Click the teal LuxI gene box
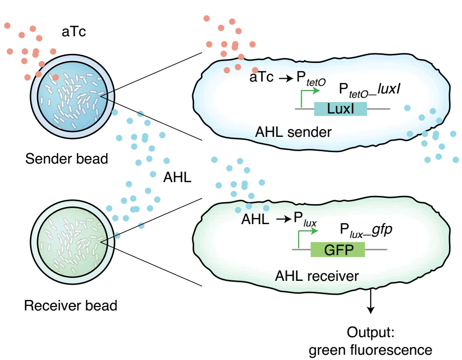[x=340, y=109]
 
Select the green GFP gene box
[x=338, y=250]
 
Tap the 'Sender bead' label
[x=67, y=158]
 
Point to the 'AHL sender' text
[x=293, y=132]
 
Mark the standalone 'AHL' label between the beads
[x=177, y=177]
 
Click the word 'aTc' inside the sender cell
[x=262, y=78]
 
